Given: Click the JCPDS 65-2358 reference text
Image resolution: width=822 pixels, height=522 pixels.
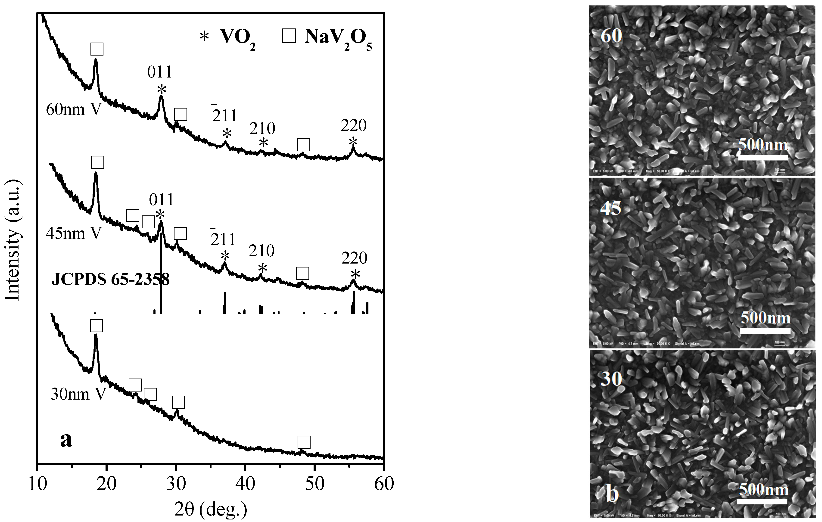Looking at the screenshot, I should pos(110,280).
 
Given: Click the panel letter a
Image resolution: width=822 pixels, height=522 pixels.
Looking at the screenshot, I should pos(66,440).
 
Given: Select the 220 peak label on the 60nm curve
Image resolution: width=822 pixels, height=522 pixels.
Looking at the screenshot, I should pos(353,126).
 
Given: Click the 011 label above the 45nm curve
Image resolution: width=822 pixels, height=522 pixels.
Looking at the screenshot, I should pos(162,200).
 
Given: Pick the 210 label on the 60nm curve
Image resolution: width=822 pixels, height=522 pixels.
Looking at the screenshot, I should pos(262,129).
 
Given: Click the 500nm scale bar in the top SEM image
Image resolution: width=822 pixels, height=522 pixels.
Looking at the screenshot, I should pos(763,157).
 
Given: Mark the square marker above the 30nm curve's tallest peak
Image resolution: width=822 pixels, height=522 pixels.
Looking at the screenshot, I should pos(96,326).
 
